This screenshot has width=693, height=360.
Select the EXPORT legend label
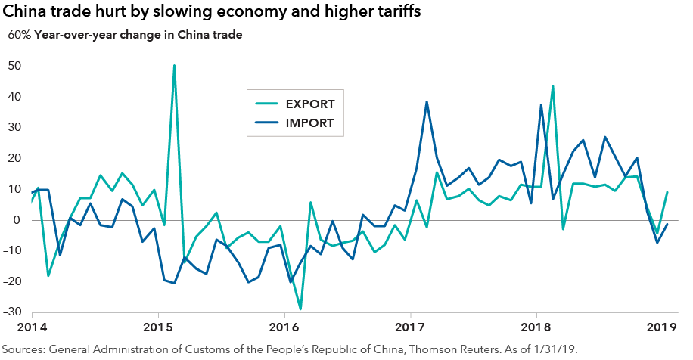(x=310, y=104)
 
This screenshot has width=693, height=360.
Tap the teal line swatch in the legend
(x=266, y=104)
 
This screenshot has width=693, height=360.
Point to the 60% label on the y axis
(x=18, y=35)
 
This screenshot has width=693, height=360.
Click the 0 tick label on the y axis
(x=16, y=220)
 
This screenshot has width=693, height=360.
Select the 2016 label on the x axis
(x=284, y=327)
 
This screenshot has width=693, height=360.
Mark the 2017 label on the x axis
(x=410, y=327)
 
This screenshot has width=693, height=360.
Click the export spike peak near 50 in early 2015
(x=175, y=66)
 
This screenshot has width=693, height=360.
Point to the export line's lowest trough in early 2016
(x=300, y=309)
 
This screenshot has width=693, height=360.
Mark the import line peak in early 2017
(x=427, y=102)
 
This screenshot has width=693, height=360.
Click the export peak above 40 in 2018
(x=553, y=86)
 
